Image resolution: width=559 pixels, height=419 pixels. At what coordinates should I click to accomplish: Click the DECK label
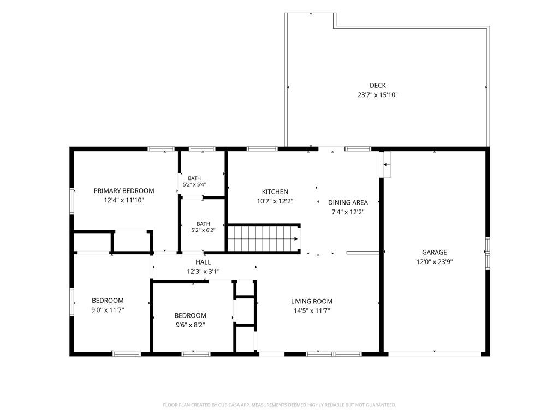[x=378, y=86]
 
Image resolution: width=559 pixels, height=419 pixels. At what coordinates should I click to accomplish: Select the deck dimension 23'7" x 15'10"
[x=378, y=95]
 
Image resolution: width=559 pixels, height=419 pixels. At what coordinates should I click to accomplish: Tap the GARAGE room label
[x=434, y=252]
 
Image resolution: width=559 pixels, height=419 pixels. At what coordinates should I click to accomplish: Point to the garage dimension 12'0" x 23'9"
[x=434, y=262]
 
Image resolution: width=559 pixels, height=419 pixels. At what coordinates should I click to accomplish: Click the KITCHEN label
[x=275, y=191]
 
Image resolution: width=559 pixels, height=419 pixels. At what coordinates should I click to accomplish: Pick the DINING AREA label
[x=348, y=202]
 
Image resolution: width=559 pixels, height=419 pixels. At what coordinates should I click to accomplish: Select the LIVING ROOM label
[x=312, y=301]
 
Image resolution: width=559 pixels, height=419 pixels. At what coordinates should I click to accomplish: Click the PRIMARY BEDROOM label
[x=124, y=190]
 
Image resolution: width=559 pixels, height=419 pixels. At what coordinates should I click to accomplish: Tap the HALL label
[x=203, y=262]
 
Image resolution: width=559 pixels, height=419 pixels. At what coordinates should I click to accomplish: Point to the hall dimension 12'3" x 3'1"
[x=203, y=272]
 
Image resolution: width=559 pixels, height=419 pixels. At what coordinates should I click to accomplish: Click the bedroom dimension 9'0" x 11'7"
[x=108, y=310]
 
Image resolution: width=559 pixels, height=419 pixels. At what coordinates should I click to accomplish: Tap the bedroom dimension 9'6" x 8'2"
[x=191, y=325]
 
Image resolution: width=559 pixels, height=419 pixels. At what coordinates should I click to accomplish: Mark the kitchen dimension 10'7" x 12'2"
[x=275, y=201]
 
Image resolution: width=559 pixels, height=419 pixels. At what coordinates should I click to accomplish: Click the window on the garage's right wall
[x=487, y=253]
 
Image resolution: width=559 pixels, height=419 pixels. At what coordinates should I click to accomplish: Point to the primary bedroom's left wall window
[x=72, y=201]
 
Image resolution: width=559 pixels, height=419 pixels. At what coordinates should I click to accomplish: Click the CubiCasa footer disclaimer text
[x=279, y=405]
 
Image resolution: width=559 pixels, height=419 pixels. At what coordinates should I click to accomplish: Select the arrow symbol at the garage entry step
[x=386, y=165]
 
